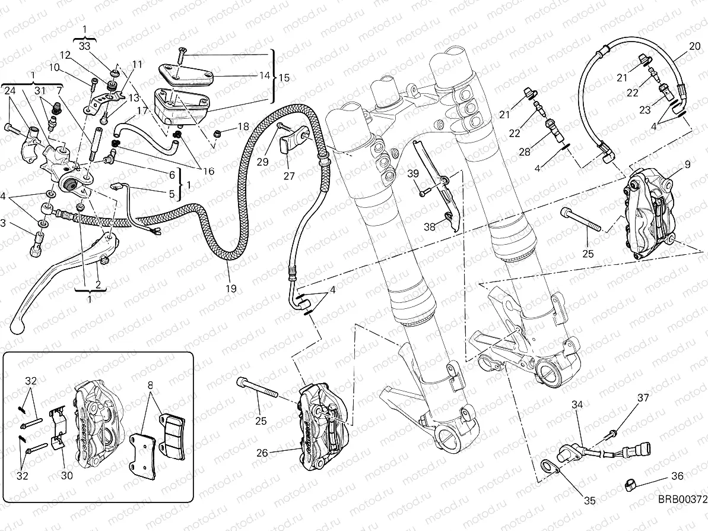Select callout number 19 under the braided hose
click(231, 289)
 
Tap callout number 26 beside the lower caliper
click(262, 453)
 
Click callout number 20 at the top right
click(694, 46)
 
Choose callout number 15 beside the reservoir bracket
click(284, 77)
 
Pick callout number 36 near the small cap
click(677, 476)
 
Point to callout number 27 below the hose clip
click(288, 176)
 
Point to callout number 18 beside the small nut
click(243, 127)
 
